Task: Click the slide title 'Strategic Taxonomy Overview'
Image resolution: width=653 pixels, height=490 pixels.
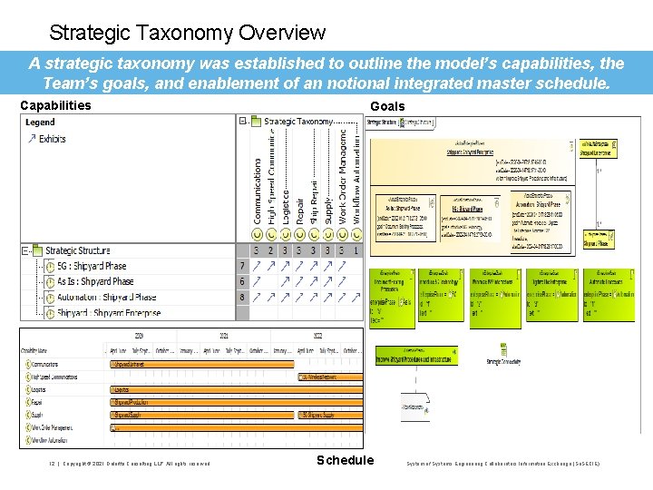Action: coord(187,34)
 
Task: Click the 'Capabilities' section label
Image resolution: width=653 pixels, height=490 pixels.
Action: coord(55,105)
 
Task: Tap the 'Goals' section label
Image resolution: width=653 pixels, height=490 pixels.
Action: coord(387,106)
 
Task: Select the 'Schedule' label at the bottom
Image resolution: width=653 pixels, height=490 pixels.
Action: coord(345,460)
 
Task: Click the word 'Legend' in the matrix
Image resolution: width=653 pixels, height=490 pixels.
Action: coord(40,122)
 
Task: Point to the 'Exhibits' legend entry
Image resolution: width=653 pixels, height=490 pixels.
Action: coord(52,139)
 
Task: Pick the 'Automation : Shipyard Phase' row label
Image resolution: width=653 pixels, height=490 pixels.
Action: coord(100,297)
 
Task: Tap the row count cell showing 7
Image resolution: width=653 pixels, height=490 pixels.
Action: coord(242,266)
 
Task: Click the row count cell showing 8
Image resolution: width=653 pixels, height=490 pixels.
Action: coord(242,297)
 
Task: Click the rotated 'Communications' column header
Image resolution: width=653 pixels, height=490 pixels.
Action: coord(258,191)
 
